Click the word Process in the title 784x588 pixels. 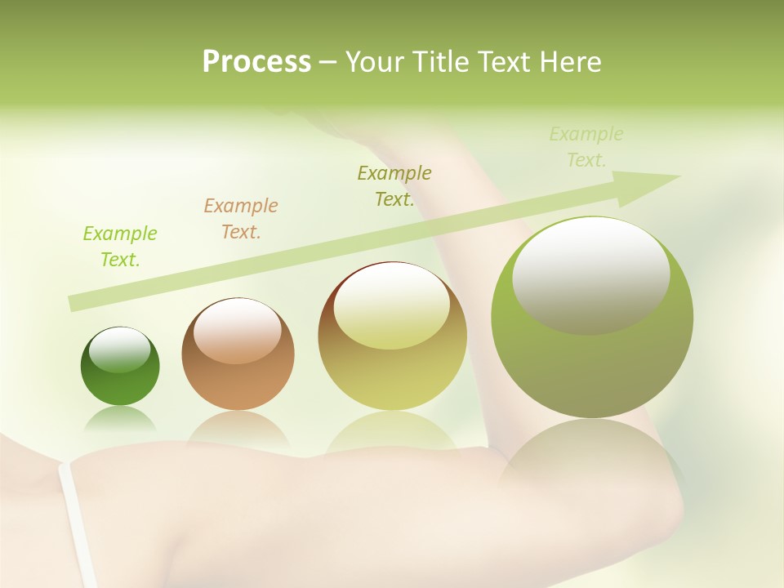[x=256, y=62]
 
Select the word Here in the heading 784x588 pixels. [x=570, y=62]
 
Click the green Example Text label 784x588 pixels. [x=120, y=247]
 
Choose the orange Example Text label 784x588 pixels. [x=241, y=219]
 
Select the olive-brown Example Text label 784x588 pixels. [x=394, y=186]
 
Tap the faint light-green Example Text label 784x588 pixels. [x=586, y=147]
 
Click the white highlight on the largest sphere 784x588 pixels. [x=590, y=274]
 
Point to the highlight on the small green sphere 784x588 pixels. [x=120, y=350]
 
